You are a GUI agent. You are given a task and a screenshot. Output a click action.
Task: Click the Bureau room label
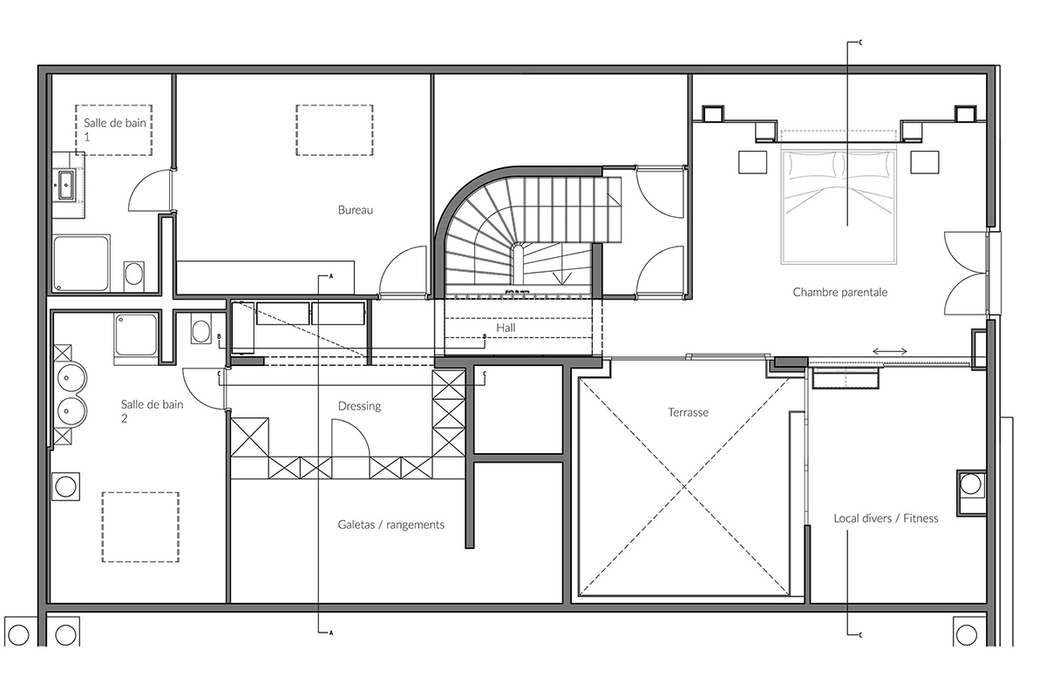click(355, 210)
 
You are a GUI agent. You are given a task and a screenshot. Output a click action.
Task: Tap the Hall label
click(506, 328)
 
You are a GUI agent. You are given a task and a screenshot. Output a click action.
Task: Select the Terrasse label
click(689, 412)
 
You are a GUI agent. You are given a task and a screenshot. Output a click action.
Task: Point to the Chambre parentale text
click(839, 293)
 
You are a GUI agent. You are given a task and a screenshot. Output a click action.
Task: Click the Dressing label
click(359, 406)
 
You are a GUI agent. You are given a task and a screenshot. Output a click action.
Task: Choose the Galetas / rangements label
click(391, 524)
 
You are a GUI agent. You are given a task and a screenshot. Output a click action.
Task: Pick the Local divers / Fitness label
click(886, 518)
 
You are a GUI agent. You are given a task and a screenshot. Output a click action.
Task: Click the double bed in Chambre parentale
click(839, 206)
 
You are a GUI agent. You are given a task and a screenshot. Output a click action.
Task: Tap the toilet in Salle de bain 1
click(135, 274)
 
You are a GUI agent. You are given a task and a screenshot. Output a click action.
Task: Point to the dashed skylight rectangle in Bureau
click(335, 130)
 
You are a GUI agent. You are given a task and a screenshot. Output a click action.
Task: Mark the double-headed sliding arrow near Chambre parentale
click(889, 351)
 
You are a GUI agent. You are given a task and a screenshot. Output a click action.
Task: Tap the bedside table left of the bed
click(751, 162)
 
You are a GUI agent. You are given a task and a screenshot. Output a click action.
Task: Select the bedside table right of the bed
click(924, 162)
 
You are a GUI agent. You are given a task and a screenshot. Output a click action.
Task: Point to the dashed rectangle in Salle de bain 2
click(140, 526)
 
